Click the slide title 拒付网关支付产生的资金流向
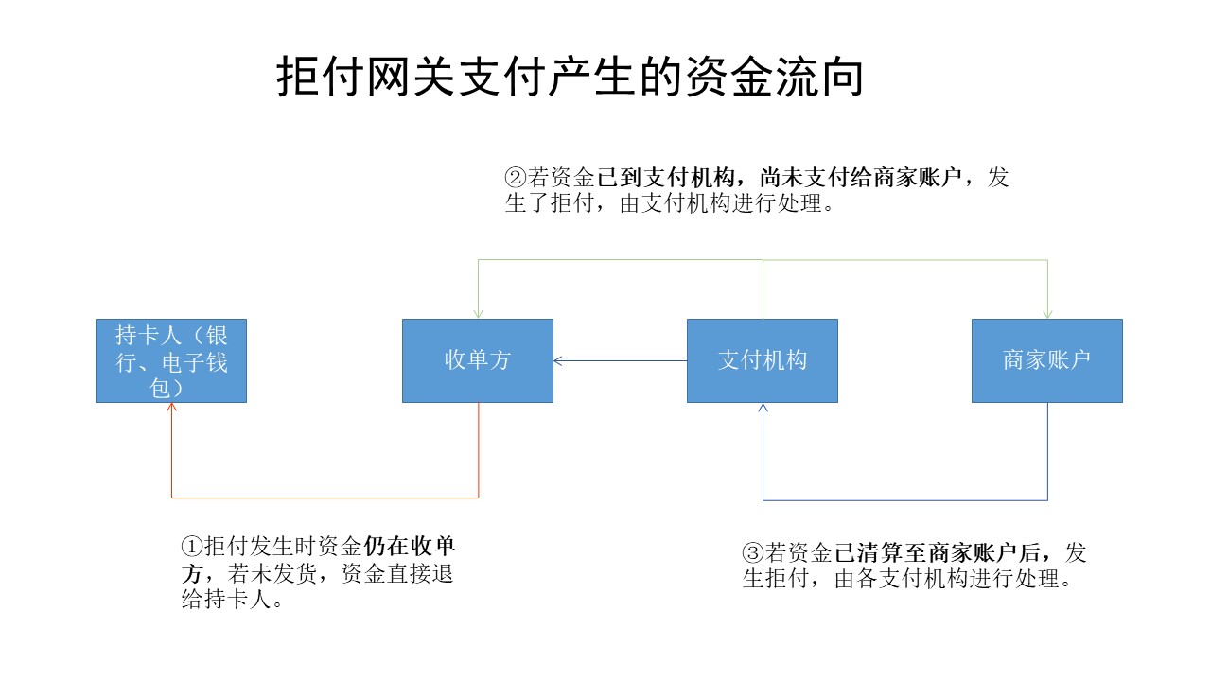pyautogui.click(x=570, y=77)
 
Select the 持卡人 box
pyautogui.click(x=171, y=360)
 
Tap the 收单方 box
pyautogui.click(x=478, y=360)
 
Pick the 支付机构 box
pyautogui.click(x=763, y=360)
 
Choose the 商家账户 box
pyautogui.click(x=1047, y=360)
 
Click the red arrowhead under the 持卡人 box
pyautogui.click(x=171, y=407)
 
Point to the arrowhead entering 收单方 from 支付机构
pyautogui.click(x=558, y=360)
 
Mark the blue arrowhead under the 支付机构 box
pyautogui.click(x=763, y=407)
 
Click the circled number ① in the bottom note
pyautogui.click(x=192, y=547)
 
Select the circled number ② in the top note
pyautogui.click(x=516, y=177)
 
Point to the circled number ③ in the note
pyautogui.click(x=753, y=552)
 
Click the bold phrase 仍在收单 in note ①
pyautogui.click(x=410, y=547)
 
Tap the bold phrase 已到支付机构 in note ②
pyautogui.click(x=666, y=177)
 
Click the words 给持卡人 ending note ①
pyautogui.click(x=226, y=600)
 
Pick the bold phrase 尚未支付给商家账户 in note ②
pyautogui.click(x=861, y=177)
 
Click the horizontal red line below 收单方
pyautogui.click(x=325, y=498)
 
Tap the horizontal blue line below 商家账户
pyautogui.click(x=905, y=500)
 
